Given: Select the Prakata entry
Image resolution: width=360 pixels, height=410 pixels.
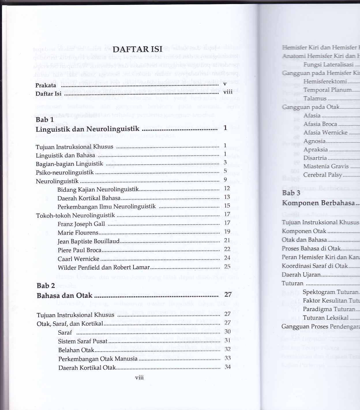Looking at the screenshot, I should [46, 85].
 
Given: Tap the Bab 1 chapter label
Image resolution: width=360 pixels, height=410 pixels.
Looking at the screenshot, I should [44, 120].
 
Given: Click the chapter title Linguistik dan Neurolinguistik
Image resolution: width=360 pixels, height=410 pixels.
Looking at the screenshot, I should [87, 129].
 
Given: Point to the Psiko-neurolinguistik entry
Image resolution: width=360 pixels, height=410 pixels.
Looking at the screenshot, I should [65, 173].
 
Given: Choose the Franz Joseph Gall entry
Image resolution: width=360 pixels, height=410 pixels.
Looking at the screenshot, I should [81, 224].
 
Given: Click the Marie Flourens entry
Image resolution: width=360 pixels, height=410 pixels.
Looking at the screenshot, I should [78, 233].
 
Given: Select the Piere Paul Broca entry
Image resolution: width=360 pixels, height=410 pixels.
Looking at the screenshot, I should [80, 250].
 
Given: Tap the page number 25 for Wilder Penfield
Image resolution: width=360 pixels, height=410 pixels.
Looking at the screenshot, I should [227, 266].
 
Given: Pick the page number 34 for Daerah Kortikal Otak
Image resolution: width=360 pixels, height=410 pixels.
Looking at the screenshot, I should [228, 367].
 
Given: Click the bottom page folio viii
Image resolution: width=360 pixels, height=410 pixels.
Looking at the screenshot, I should [139, 378].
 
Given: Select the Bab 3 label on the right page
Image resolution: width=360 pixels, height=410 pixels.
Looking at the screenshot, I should [291, 193].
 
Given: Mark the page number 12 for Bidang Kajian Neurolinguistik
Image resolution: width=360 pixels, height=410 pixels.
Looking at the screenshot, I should [227, 188].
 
